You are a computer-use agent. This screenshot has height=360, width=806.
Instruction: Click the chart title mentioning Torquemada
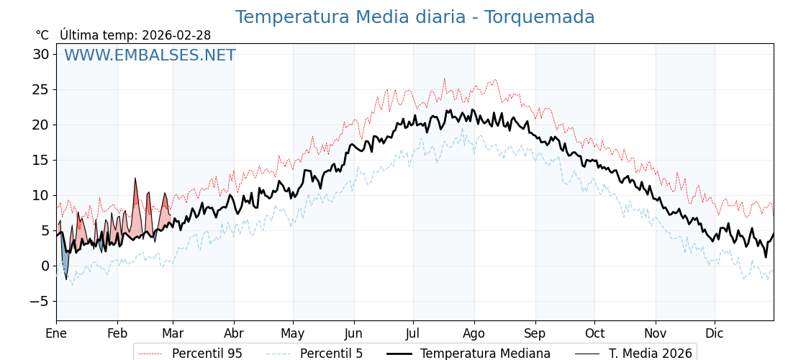[x=415, y=17]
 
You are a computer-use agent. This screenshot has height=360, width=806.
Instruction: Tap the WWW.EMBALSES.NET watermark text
[x=150, y=55]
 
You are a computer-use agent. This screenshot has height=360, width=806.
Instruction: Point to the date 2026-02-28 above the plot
[x=176, y=35]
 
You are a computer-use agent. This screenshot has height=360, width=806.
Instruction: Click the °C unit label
[x=42, y=35]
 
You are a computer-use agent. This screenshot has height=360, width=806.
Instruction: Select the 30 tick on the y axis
[x=41, y=54]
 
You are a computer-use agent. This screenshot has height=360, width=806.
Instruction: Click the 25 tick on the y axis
[x=41, y=89]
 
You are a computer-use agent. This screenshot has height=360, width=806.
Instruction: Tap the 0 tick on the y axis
[x=45, y=266]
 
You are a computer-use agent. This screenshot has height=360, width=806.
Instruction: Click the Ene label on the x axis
[x=56, y=333]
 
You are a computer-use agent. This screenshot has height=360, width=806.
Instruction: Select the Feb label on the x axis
[x=117, y=333]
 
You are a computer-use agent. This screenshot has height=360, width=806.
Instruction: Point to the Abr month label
[x=234, y=333]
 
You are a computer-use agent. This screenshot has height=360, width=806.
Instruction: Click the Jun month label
[x=353, y=333]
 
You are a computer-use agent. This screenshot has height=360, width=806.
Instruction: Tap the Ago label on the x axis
[x=474, y=333]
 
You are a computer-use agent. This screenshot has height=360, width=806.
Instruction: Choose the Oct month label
[x=594, y=333]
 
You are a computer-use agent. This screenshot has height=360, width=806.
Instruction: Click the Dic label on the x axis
[x=715, y=333]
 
